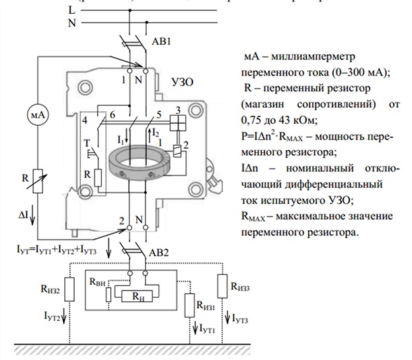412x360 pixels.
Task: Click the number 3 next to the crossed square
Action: click(177, 109)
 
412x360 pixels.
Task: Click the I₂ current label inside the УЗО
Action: click(156, 134)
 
